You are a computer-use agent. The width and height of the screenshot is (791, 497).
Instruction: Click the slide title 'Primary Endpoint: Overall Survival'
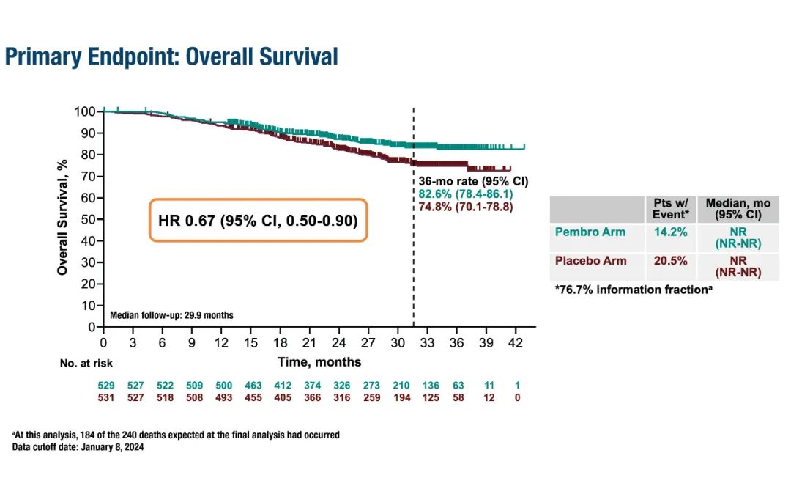[x=171, y=56]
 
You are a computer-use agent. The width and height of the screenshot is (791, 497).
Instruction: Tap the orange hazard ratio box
[x=258, y=219]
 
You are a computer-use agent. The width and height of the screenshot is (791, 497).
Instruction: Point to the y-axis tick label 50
[x=88, y=219]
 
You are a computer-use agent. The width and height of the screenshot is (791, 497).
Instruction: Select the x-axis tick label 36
[x=456, y=342]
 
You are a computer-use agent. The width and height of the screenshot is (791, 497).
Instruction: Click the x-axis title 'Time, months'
[x=319, y=362]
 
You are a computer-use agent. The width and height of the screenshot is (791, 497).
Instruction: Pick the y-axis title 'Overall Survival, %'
[x=62, y=218]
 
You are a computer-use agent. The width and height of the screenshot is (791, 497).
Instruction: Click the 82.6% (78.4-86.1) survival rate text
[x=466, y=193]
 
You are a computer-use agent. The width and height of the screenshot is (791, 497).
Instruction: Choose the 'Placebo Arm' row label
[x=591, y=261]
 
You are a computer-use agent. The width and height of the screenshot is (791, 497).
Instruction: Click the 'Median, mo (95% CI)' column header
[x=732, y=209]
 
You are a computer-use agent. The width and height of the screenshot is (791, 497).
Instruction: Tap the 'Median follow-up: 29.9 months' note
[x=171, y=315]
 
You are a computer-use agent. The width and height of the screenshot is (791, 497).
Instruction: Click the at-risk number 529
[x=107, y=384]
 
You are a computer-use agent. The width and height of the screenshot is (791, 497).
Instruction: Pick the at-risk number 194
[x=401, y=397]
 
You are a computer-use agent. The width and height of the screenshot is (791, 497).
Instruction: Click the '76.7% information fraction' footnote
[x=634, y=290]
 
